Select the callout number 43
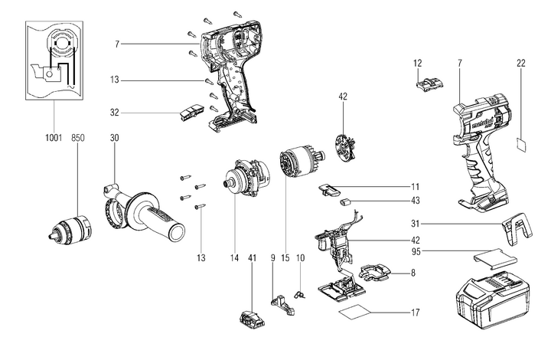tap(415, 201)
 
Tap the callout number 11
tap(415, 186)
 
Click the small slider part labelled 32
tap(187, 113)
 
